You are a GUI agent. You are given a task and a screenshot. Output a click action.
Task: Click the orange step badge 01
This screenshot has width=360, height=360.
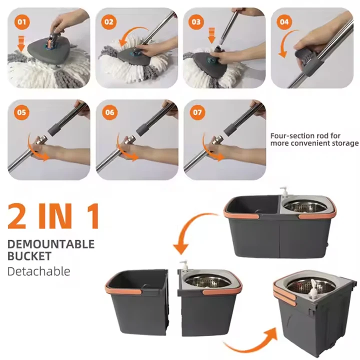22,22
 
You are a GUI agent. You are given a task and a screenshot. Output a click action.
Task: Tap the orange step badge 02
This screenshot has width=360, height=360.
109,22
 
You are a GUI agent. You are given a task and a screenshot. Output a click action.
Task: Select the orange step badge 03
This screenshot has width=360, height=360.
196,22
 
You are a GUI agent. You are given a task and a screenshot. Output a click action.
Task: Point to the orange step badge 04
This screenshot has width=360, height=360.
284,22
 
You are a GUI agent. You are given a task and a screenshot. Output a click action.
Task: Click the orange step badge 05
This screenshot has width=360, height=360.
21,112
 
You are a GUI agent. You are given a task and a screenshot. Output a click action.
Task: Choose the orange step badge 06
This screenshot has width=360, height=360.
109,112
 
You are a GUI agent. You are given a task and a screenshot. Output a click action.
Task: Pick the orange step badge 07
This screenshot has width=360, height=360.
197,112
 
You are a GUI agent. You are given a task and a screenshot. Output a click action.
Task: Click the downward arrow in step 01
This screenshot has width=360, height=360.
21,43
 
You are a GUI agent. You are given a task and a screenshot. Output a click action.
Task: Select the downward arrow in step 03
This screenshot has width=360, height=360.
211,35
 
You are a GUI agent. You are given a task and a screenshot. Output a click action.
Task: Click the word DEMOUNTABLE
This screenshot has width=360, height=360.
51,244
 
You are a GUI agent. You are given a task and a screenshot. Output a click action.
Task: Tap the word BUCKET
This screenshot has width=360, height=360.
29,256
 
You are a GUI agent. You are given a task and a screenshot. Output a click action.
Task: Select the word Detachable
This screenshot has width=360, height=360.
39,271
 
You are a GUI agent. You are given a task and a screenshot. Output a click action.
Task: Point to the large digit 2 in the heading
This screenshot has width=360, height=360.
17,216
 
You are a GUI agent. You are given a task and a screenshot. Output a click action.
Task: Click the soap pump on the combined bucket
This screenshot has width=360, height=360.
284,191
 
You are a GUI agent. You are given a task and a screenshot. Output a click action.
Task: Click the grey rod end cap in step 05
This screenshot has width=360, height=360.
54,130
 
